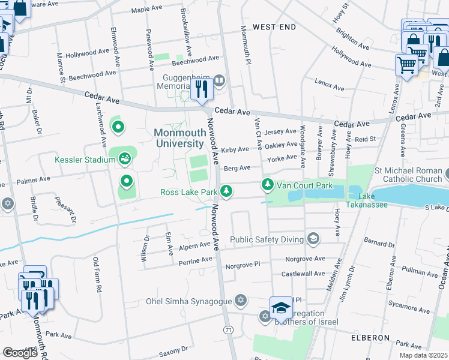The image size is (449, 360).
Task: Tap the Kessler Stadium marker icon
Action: pyautogui.click(x=124, y=159)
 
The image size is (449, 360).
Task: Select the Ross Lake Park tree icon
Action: pyautogui.click(x=226, y=191)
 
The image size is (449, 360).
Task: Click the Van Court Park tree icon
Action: pyautogui.click(x=268, y=185)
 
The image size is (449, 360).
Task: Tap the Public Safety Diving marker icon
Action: pyautogui.click(x=312, y=239)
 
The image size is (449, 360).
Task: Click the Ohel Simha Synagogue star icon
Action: pyautogui.click(x=241, y=300)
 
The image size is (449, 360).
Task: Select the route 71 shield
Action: pyautogui.click(x=228, y=330)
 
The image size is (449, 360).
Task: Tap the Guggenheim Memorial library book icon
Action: pyautogui.click(x=219, y=80)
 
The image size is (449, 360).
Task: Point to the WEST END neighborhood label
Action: pyautogui.click(x=274, y=28)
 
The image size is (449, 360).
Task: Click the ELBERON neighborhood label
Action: pyautogui.click(x=371, y=338)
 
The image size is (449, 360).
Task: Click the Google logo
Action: pyautogui.click(x=20, y=353)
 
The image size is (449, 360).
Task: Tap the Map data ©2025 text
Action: pyautogui.click(x=423, y=355)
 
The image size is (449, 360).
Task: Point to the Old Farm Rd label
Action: pyautogui.click(x=95, y=275)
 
